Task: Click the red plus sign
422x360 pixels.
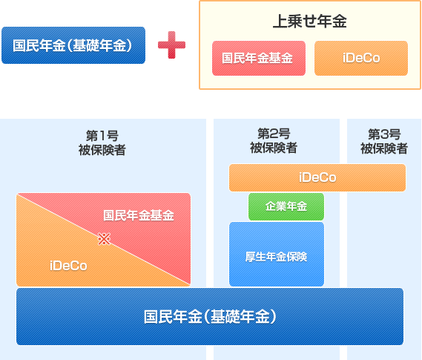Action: (172, 45)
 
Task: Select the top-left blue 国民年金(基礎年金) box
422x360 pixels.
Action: (73, 45)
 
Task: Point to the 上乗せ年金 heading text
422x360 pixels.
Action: (310, 22)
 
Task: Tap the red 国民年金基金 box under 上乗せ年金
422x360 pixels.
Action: (259, 58)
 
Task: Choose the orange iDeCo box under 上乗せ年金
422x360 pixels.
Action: (361, 58)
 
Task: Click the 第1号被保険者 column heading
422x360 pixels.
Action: (102, 143)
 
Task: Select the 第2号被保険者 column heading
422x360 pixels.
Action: (274, 140)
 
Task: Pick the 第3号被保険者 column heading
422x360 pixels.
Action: (384, 141)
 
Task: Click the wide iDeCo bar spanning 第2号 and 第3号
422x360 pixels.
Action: (317, 177)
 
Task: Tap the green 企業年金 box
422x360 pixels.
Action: (286, 206)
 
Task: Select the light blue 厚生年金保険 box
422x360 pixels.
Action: (277, 254)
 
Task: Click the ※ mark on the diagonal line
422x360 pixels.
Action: (104, 239)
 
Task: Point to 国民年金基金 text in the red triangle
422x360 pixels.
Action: (139, 215)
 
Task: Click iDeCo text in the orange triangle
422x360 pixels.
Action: (68, 266)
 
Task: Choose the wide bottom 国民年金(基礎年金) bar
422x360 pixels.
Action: (210, 316)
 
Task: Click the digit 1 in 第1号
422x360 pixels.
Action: (102, 136)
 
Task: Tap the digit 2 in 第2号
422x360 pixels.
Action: (274, 134)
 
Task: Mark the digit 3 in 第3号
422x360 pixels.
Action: (384, 134)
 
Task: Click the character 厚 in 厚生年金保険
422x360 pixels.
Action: (250, 257)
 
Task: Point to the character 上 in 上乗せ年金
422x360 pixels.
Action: (280, 22)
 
